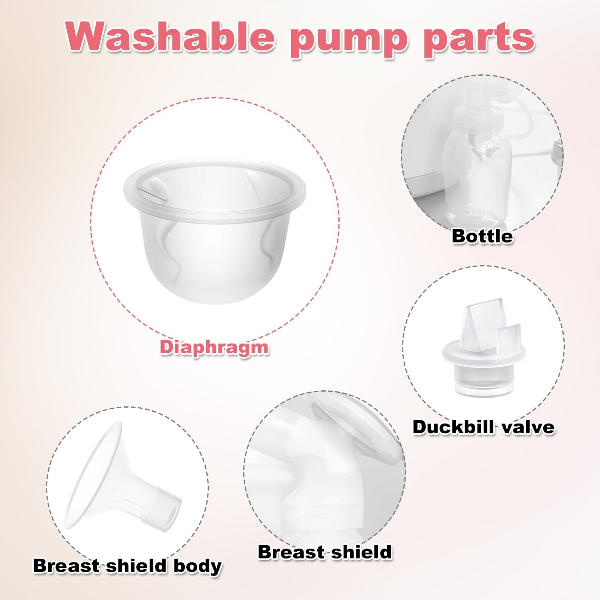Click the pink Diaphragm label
[214, 347]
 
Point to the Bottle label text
[482, 236]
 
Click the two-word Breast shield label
[324, 552]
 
